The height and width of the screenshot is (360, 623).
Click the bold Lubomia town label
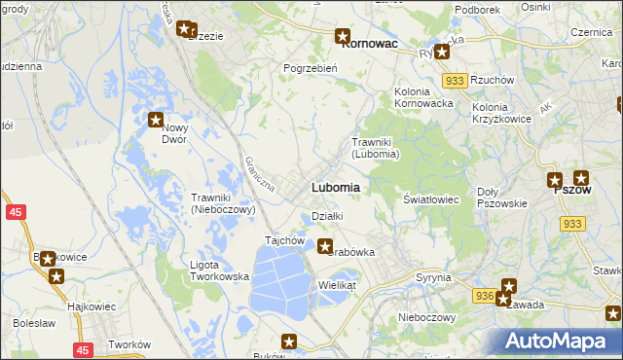point(336,187)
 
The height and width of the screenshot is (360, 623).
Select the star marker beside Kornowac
point(343,37)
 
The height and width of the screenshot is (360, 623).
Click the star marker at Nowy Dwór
point(156,121)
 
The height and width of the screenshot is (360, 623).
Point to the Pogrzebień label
point(310,68)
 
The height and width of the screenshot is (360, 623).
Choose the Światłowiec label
point(431,198)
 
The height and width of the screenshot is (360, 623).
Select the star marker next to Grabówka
point(325,247)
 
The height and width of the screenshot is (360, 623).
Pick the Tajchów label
point(286,240)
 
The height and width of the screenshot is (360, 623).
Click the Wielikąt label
point(338,285)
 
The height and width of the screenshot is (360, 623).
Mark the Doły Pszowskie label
point(502,198)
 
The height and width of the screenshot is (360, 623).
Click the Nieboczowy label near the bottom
point(427,317)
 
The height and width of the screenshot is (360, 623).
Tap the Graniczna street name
point(262,173)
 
